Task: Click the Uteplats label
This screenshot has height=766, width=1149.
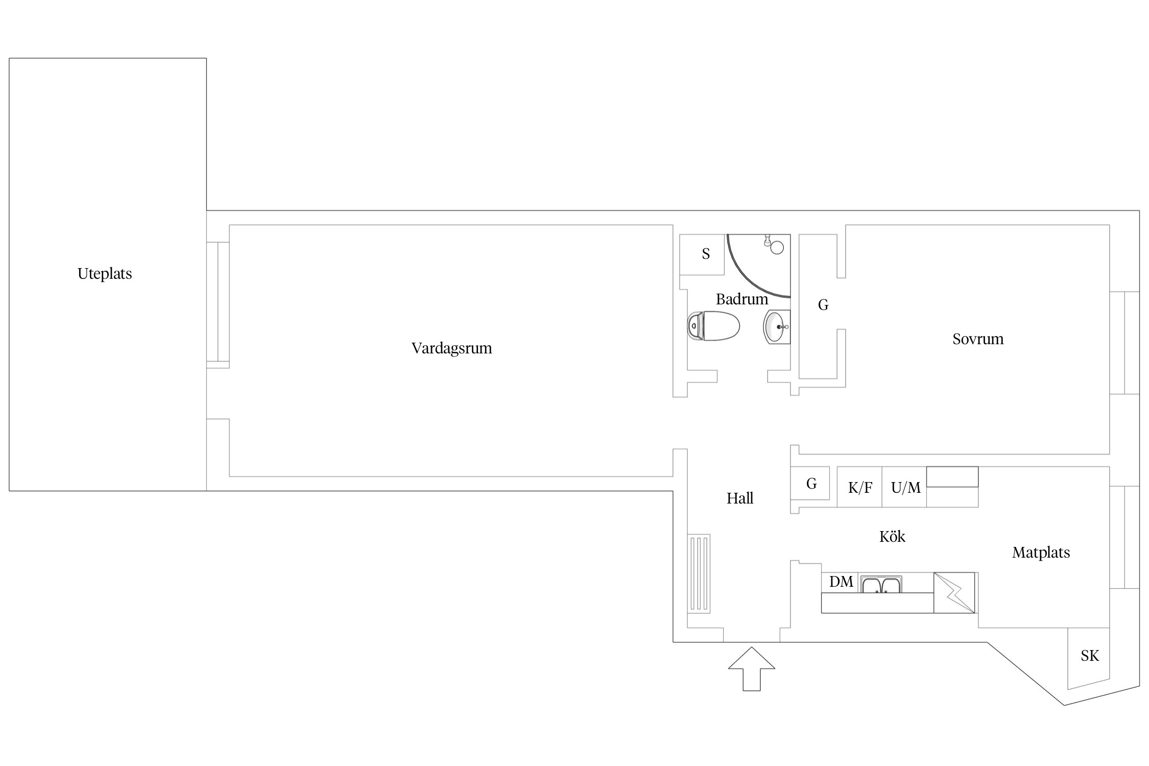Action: (x=105, y=274)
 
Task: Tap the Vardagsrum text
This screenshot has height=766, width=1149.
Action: (x=452, y=348)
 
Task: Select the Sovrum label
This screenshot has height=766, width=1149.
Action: (x=978, y=339)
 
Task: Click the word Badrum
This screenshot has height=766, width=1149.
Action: (x=742, y=299)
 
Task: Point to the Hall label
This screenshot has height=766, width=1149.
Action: (x=740, y=498)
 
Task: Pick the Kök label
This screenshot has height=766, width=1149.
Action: (x=892, y=537)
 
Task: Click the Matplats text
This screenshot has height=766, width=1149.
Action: (x=1041, y=553)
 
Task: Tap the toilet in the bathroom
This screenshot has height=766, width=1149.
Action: (x=713, y=326)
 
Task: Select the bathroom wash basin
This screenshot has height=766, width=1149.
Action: (x=777, y=327)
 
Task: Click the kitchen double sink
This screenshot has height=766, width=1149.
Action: (x=881, y=584)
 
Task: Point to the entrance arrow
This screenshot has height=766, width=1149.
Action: (x=752, y=669)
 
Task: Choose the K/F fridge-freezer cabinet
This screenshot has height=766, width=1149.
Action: (x=859, y=487)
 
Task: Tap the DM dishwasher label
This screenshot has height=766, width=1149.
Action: (x=841, y=582)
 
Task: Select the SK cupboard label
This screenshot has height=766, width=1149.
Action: (x=1089, y=656)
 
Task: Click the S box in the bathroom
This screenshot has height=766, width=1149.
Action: (x=702, y=254)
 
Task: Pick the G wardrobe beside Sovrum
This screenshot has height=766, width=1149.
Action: (x=818, y=306)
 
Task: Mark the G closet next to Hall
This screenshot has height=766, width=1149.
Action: (x=810, y=483)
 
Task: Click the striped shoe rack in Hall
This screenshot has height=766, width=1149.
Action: (x=699, y=573)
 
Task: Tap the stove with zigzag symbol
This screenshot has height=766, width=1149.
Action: (x=954, y=592)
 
